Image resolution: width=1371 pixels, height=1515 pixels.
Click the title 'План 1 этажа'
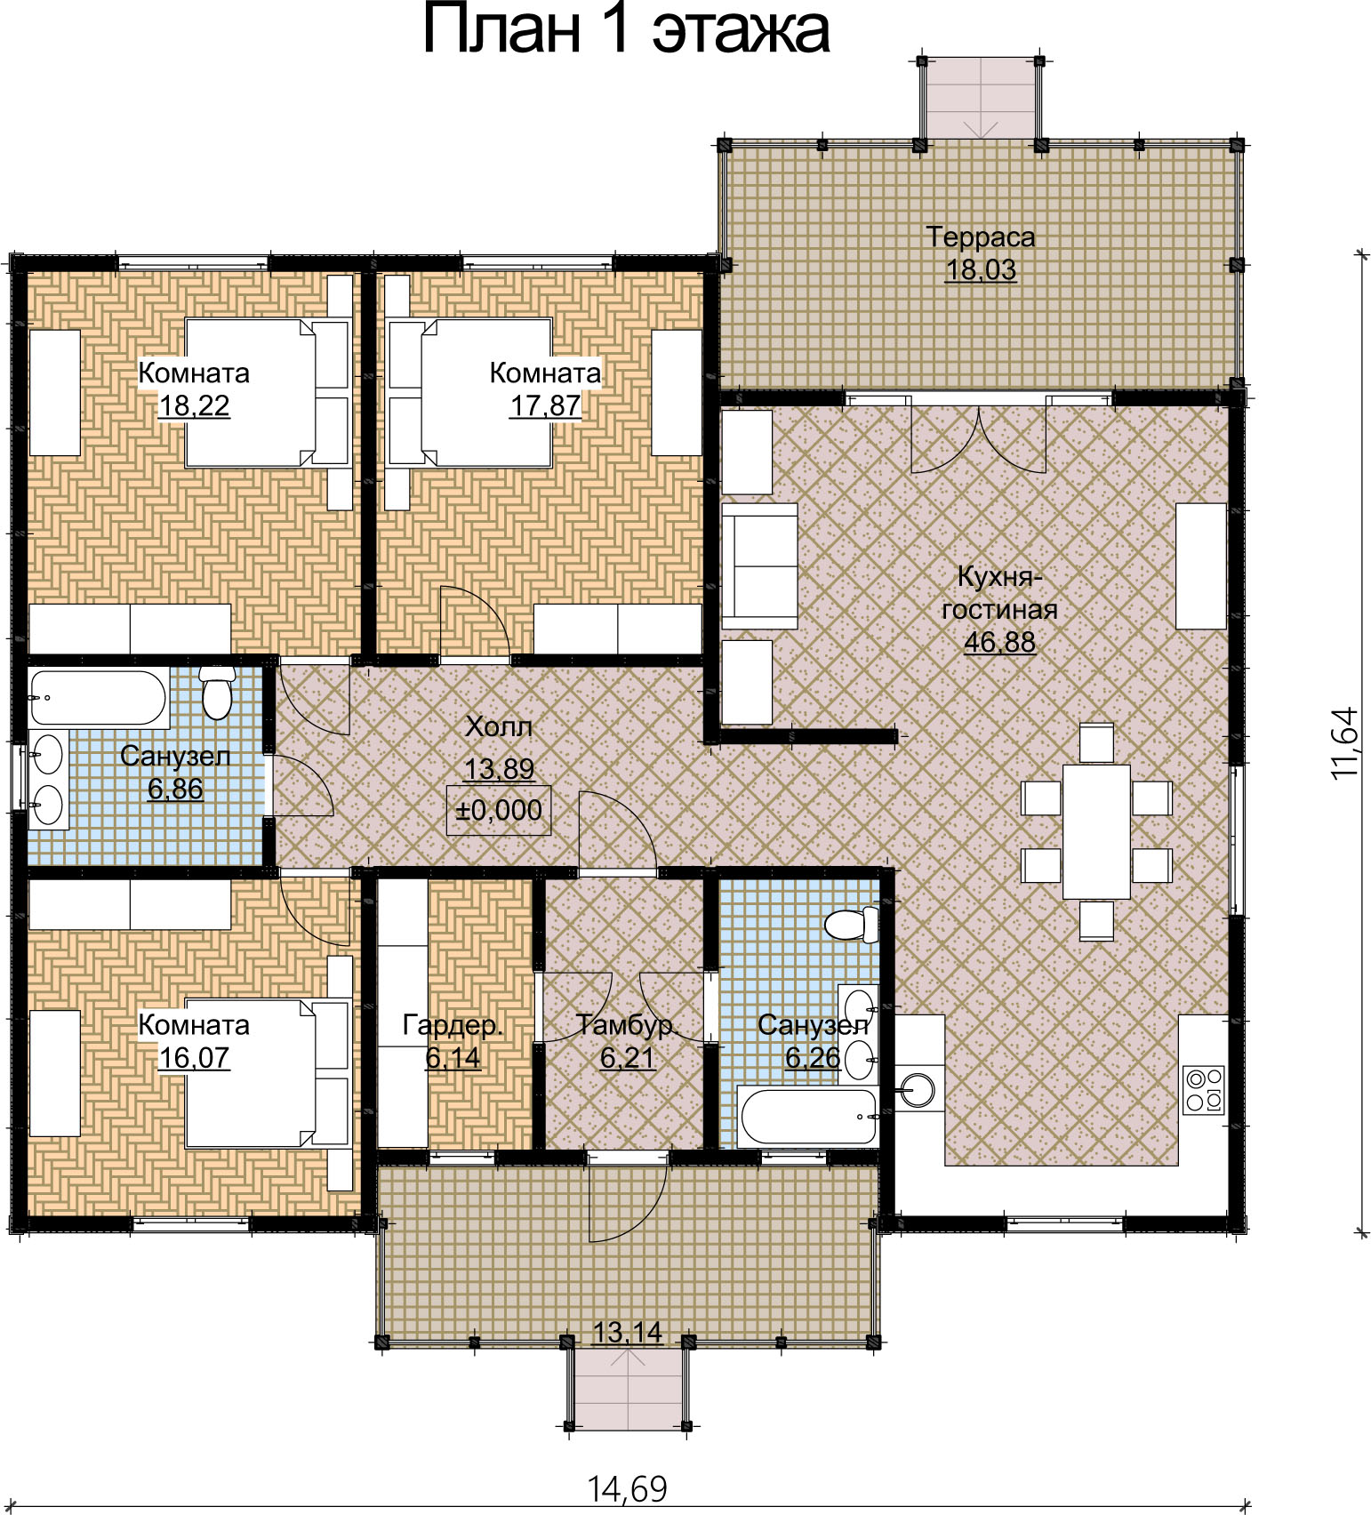pos(626,30)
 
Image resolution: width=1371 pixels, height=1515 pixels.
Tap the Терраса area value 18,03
pos(981,269)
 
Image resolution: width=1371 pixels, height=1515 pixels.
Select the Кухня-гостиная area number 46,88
pos(1000,642)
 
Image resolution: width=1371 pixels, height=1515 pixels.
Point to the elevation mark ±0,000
pos(499,810)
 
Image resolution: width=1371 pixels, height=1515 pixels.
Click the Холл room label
pos(500,727)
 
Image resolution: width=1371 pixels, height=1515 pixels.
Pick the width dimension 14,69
pos(627,1488)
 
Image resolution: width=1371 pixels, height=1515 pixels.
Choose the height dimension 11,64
pos(1345,743)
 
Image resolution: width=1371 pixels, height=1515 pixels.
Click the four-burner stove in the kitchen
pos(1205,1090)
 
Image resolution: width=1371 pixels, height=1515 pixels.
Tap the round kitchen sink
pos(916,1088)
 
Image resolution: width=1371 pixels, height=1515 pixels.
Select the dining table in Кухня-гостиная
pos(1096,831)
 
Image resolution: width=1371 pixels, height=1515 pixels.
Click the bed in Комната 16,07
pos(267,1073)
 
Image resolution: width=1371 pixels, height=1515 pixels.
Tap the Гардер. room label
pos(453,1025)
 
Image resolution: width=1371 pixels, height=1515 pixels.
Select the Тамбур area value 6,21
pos(627,1058)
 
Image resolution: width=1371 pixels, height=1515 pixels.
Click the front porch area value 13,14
pos(628,1332)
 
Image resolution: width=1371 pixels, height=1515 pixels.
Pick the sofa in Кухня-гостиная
pos(759,566)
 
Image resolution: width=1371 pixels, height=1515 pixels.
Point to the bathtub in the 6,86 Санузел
pos(99,698)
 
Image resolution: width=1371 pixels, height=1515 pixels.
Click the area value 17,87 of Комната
pos(545,405)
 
